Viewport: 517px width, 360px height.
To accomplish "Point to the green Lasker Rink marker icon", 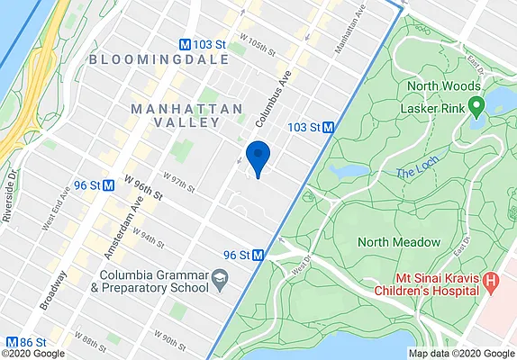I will pos(476,107).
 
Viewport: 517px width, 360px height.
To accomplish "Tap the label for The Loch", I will pos(414,172).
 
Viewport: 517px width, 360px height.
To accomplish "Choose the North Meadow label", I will pos(399,242).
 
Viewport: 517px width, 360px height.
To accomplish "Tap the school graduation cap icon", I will pos(218,283).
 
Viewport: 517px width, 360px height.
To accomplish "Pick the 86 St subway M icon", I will pos(13,342).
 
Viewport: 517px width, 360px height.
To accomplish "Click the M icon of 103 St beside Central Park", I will pos(329,128).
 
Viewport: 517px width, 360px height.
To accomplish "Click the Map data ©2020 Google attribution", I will pos(459,354).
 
